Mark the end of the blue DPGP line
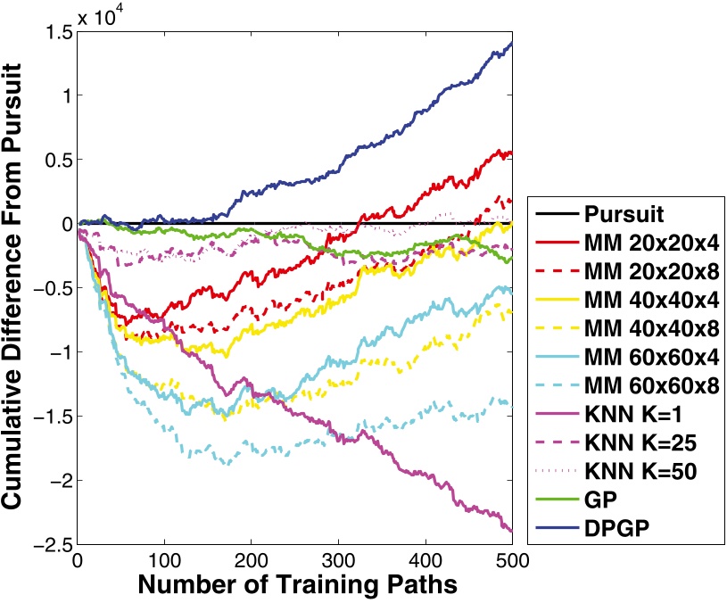coord(511,43)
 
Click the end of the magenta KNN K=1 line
coord(511,530)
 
